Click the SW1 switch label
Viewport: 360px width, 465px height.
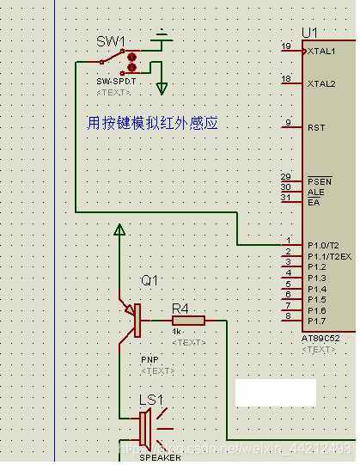click(110, 41)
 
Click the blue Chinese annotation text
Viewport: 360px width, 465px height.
click(152, 123)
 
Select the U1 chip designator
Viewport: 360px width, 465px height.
click(310, 33)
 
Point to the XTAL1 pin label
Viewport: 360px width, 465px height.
click(321, 52)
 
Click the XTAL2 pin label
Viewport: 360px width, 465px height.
click(321, 84)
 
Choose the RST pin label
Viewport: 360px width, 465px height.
click(316, 127)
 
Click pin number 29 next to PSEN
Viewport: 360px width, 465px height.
click(285, 176)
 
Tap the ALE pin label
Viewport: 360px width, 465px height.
click(315, 192)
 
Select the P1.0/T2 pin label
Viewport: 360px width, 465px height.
click(325, 246)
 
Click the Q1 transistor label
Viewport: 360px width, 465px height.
click(149, 281)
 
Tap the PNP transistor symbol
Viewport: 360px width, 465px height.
click(132, 321)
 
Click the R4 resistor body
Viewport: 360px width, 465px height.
click(187, 321)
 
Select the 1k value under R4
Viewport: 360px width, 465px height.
click(176, 332)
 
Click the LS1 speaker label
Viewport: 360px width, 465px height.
click(151, 400)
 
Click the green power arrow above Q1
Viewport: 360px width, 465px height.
click(119, 229)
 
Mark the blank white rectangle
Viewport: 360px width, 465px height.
click(275, 393)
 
